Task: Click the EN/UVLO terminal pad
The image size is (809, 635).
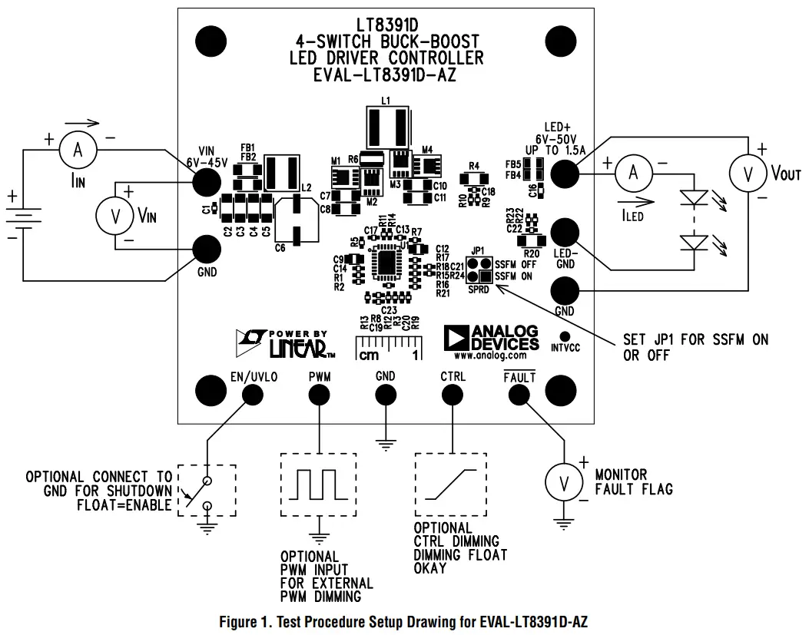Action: [252, 394]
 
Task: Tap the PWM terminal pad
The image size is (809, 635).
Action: [319, 394]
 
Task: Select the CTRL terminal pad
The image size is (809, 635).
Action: [452, 394]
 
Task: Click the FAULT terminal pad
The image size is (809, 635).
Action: [519, 394]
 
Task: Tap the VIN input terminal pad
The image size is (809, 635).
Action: [206, 181]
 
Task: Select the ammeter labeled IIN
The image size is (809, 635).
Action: [78, 151]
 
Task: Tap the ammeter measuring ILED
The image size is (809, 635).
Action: [634, 174]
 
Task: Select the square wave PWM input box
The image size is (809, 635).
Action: [318, 485]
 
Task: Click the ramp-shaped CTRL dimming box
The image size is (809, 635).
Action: [451, 485]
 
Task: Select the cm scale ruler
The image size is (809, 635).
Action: [388, 349]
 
